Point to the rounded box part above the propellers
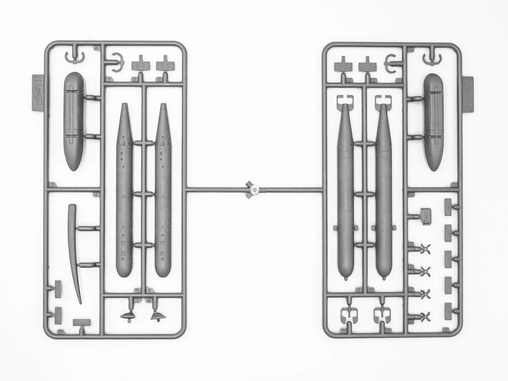click(x=426, y=216)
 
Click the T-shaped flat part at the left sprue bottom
click(x=81, y=322)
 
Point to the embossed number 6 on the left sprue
click(x=150, y=291)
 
